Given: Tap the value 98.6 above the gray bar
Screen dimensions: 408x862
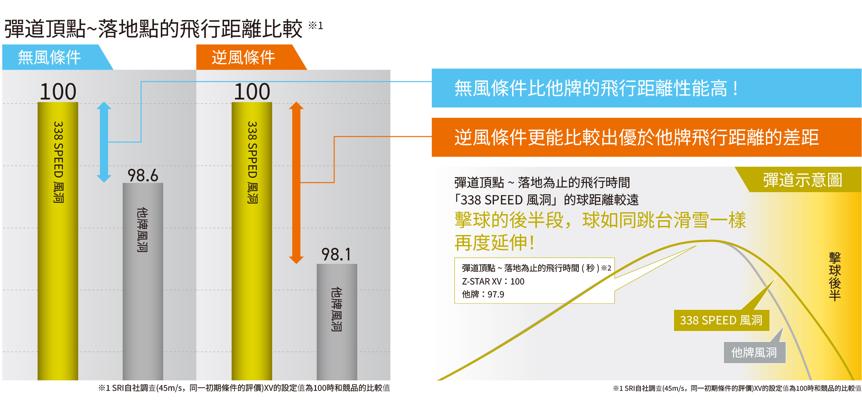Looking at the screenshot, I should click(143, 176).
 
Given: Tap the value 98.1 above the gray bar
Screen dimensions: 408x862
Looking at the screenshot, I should click(336, 255).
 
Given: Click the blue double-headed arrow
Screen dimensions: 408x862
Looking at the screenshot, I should click(104, 142).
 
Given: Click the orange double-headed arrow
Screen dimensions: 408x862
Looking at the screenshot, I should click(296, 182).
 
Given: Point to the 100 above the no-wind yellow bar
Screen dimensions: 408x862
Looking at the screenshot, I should click(58, 91).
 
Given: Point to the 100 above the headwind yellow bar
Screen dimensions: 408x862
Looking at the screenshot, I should click(252, 91).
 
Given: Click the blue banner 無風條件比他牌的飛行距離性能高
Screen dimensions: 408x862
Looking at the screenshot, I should click(646, 88).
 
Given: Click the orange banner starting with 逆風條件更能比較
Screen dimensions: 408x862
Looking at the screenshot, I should click(646, 137).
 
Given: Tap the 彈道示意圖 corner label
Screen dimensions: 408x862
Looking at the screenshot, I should click(802, 180).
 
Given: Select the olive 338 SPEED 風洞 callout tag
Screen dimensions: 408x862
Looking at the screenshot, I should click(721, 320).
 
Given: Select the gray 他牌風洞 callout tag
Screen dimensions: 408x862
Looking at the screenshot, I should click(754, 352).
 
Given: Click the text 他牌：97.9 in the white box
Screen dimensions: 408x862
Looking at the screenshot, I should click(483, 295).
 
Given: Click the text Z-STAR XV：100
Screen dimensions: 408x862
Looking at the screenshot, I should click(493, 282).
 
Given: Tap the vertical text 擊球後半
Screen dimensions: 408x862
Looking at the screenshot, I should click(835, 277).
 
